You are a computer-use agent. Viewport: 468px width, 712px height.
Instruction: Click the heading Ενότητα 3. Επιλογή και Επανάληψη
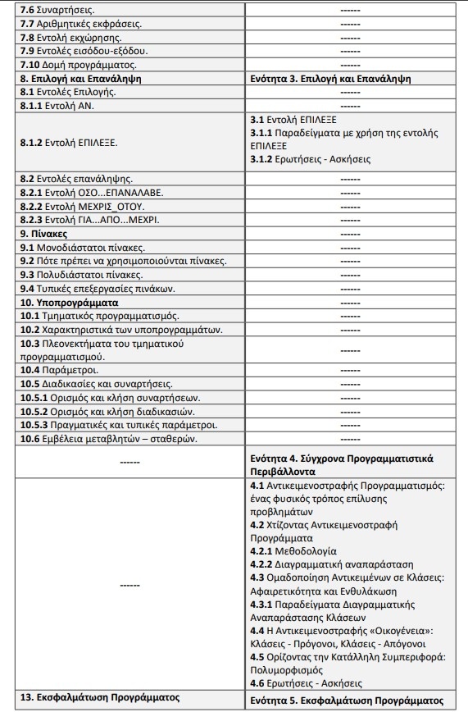[330, 79]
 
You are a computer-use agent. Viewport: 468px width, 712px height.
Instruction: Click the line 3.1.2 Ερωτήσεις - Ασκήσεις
[310, 159]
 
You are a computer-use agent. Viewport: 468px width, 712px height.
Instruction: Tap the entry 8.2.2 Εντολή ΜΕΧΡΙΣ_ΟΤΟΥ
[83, 206]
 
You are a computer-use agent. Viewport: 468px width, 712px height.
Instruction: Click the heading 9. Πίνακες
[44, 233]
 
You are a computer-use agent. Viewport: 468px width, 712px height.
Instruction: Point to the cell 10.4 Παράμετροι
[59, 370]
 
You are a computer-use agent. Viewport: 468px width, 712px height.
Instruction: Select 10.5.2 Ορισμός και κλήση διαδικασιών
[99, 411]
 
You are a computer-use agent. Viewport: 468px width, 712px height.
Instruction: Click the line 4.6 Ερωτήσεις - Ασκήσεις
[306, 682]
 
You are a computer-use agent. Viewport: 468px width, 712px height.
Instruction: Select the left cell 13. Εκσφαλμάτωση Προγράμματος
[99, 697]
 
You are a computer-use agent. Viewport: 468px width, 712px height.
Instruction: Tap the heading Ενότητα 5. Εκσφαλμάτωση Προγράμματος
[346, 700]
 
